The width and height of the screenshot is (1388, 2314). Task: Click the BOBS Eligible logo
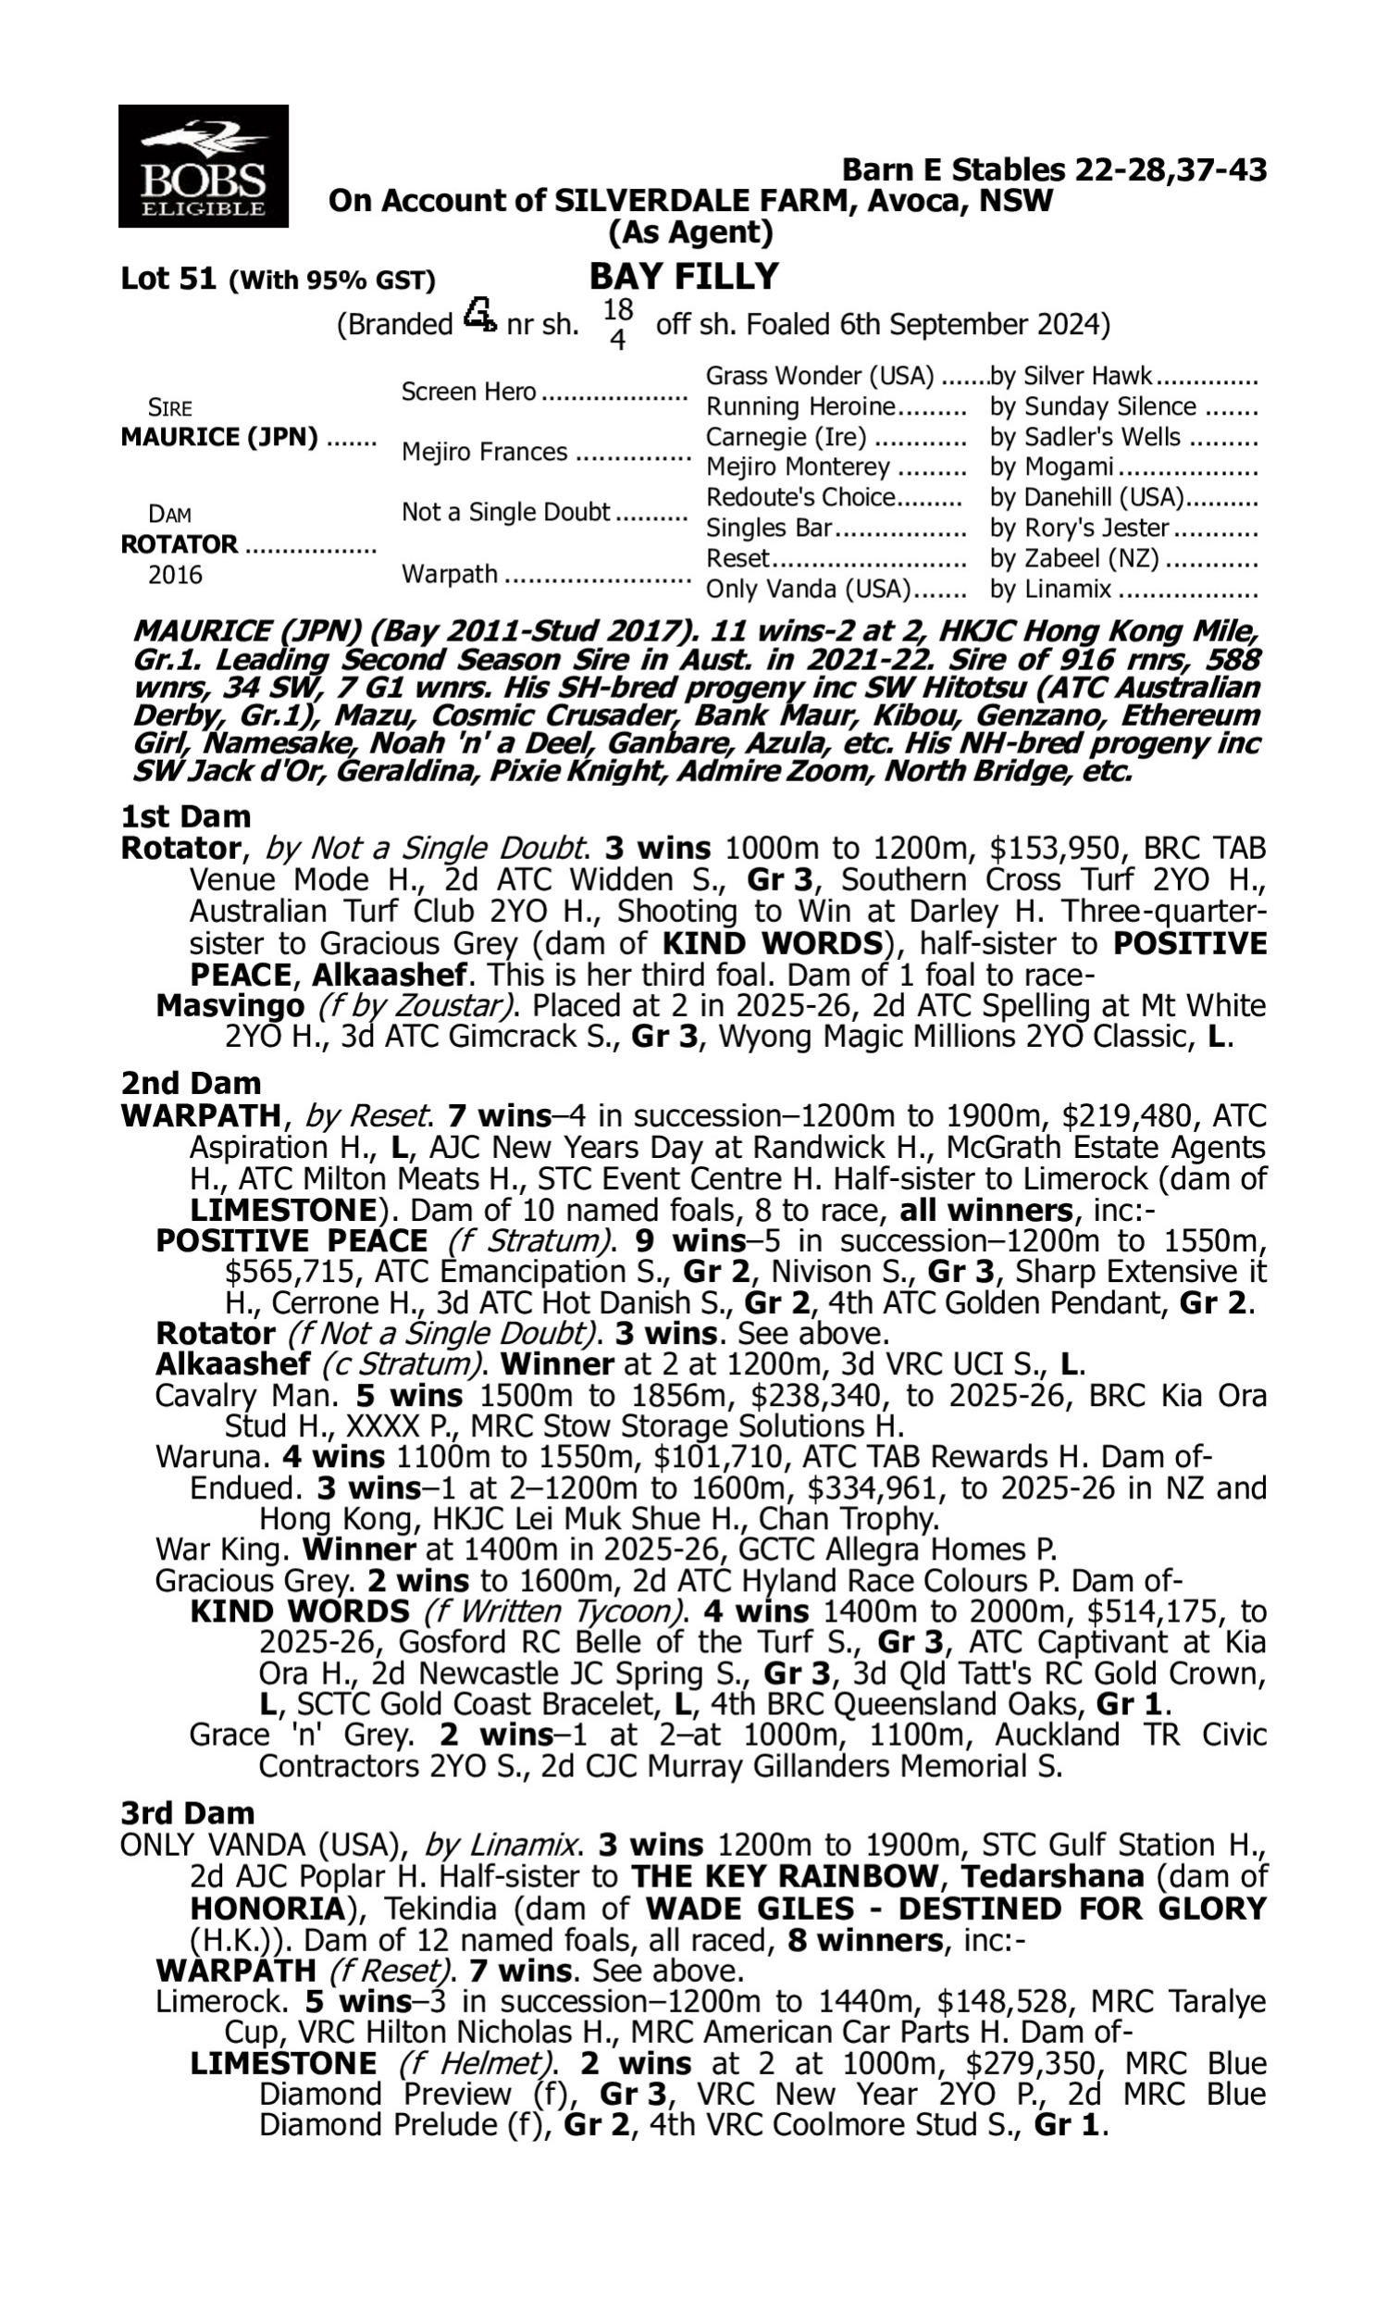(x=203, y=166)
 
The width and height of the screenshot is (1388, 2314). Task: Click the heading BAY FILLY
(x=683, y=277)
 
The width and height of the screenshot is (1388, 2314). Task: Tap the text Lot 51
(x=168, y=279)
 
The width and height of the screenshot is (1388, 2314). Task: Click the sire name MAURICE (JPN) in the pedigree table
(x=219, y=438)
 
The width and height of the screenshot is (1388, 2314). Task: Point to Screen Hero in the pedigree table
(x=468, y=392)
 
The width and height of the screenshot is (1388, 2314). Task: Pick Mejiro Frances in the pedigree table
(x=485, y=452)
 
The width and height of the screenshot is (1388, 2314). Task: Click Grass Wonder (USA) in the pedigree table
(x=819, y=376)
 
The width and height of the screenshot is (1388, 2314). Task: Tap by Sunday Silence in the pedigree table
(x=1093, y=407)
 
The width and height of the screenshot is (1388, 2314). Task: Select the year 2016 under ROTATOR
(x=175, y=575)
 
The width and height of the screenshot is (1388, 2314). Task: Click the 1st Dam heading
(x=185, y=816)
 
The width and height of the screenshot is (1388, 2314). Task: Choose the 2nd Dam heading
(x=190, y=1083)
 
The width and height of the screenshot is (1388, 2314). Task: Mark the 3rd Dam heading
(x=187, y=1812)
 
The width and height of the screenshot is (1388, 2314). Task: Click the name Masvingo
(x=230, y=1005)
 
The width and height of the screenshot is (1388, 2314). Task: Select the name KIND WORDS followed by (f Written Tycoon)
(x=299, y=1611)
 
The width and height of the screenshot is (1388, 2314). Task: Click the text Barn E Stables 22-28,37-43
(x=1054, y=170)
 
